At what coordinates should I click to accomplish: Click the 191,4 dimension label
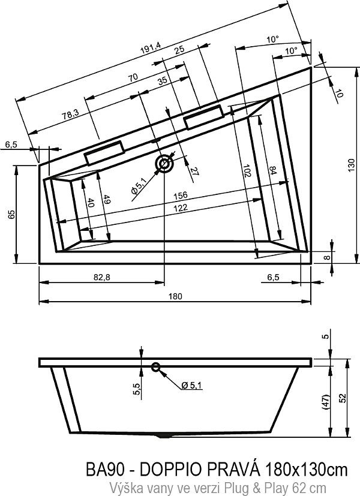[x=151, y=48]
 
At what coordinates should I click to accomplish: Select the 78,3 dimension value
[x=70, y=114]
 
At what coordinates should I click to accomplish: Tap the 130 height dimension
[x=351, y=165]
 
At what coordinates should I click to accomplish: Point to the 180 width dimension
[x=175, y=296]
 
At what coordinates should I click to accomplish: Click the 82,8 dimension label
[x=102, y=278]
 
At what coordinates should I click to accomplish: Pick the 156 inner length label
[x=181, y=196]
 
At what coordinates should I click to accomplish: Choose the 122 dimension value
[x=181, y=208]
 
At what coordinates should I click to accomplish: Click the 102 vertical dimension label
[x=247, y=170]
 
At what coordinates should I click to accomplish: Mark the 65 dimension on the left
[x=12, y=214]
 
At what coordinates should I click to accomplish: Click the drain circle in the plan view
[x=164, y=164]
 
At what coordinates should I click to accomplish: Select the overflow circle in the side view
[x=155, y=367]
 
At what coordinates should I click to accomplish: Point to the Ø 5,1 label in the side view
[x=192, y=385]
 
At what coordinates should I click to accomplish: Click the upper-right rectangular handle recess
[x=204, y=117]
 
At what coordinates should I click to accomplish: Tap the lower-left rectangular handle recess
[x=104, y=153]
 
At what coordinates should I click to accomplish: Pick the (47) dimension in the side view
[x=326, y=401]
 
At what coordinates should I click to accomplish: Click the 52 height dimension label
[x=343, y=398]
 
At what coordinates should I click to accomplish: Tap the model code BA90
[x=105, y=470]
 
